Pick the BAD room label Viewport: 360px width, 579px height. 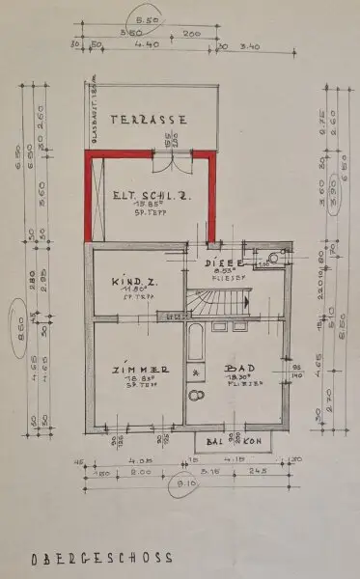click(x=235, y=369)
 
